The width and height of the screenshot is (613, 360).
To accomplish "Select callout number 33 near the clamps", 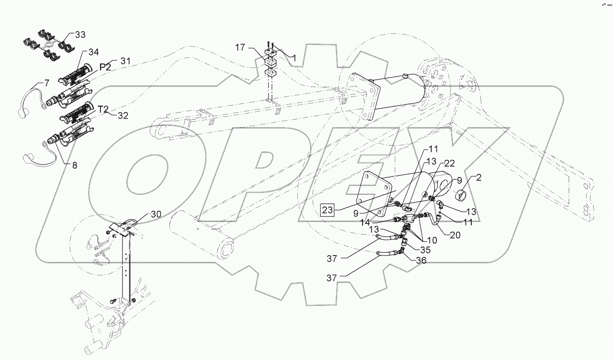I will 80,34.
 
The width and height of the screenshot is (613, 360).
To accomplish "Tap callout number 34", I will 93,52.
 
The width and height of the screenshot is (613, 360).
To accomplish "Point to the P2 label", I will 106,67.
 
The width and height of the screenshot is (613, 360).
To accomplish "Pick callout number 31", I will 125,61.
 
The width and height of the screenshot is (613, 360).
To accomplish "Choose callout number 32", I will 123,115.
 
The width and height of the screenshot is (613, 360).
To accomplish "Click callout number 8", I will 75,165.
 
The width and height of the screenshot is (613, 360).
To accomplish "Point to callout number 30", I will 157,214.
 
